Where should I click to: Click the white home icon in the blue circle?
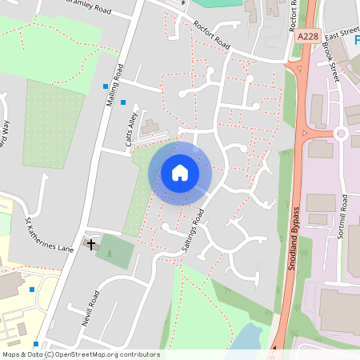pos(180,173)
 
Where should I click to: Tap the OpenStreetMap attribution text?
pos(80,354)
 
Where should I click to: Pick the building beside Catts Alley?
pos(150,126)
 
